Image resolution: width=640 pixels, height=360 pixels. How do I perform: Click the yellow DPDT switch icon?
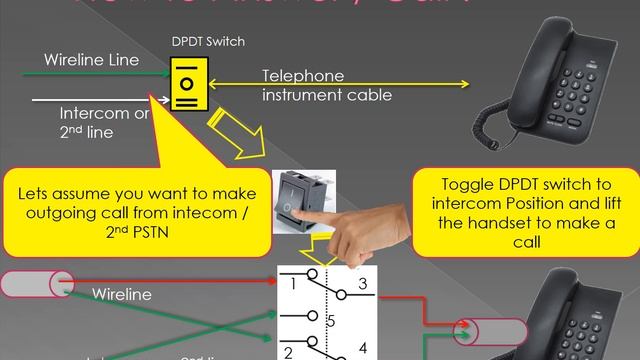186,83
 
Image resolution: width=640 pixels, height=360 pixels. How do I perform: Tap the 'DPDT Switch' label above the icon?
208,42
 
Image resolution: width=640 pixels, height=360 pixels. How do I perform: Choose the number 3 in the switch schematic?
363,285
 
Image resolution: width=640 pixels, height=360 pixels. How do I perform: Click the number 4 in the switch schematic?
363,347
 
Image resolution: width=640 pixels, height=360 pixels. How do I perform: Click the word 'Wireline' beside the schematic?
121,295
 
